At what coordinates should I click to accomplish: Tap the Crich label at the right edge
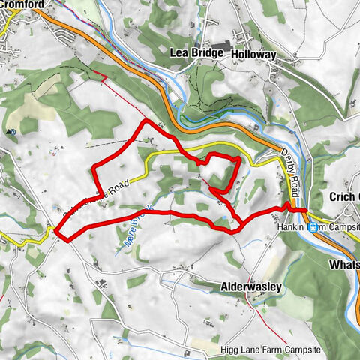pos(344,196)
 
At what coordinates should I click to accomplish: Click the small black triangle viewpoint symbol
pos(12,132)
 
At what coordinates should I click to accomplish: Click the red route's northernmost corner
pos(144,121)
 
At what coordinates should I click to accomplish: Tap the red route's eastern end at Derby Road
pos(304,209)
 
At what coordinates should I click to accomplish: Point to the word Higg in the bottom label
pos(229,328)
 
